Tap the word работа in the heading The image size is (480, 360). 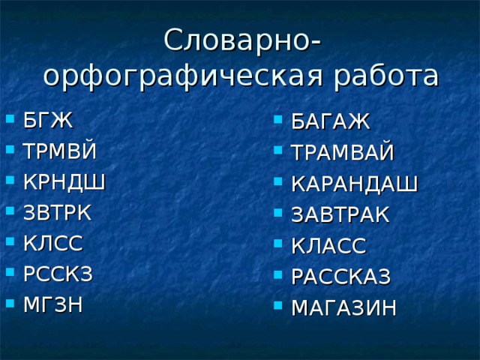(382, 76)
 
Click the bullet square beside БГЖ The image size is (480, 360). (9, 118)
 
